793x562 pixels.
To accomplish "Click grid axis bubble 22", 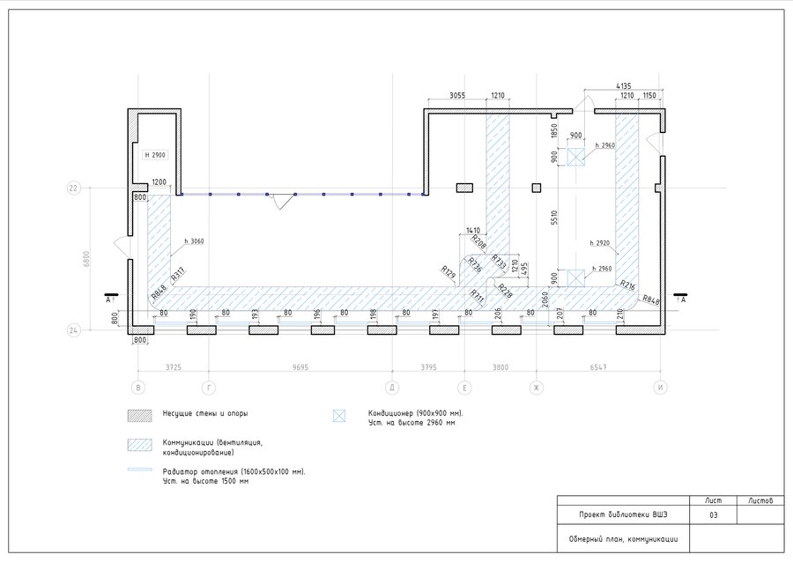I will (x=74, y=188).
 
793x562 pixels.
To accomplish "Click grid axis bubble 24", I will (x=74, y=330).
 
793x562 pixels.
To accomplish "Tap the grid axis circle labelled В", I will (x=137, y=387).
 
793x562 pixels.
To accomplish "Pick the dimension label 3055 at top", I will (x=456, y=94).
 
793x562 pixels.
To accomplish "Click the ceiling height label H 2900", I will (x=155, y=155).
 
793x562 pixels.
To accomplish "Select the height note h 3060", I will (x=194, y=240).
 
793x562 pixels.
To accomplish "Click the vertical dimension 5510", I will (x=553, y=218).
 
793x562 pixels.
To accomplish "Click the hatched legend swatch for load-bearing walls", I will (x=140, y=413).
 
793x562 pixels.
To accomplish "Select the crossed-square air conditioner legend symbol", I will (x=337, y=414).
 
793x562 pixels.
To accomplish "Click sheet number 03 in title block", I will (x=714, y=514).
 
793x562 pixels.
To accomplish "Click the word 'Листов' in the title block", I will (x=760, y=500).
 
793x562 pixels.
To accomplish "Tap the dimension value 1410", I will (x=473, y=230).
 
